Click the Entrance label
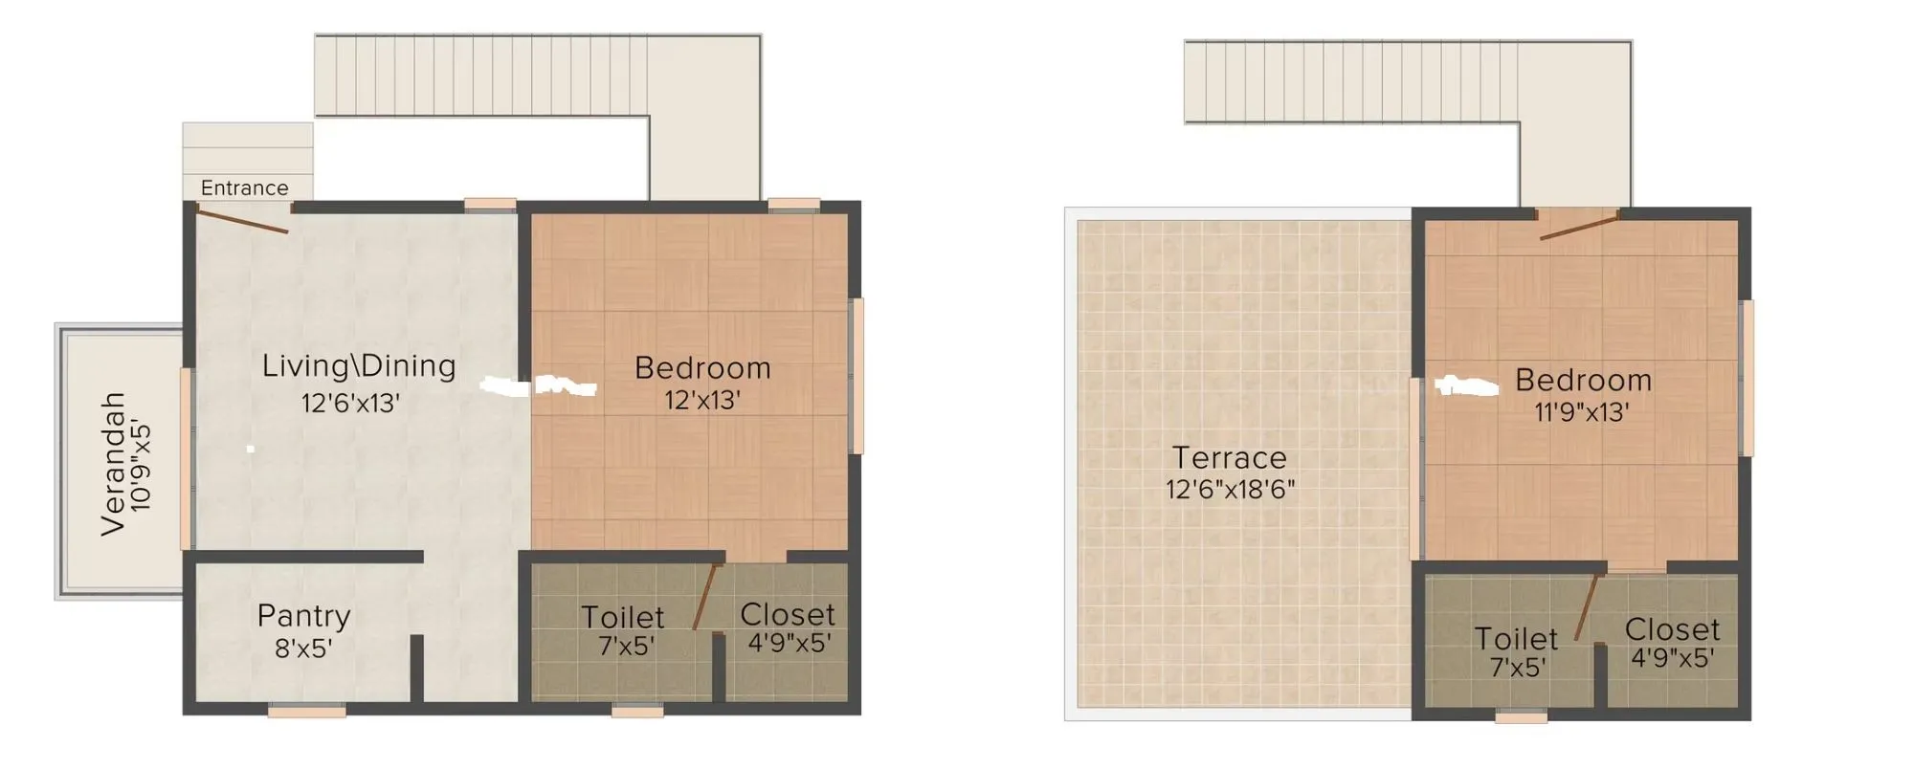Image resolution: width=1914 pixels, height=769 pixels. [244, 188]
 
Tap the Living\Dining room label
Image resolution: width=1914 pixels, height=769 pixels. [359, 365]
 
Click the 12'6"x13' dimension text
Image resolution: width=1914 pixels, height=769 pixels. [350, 404]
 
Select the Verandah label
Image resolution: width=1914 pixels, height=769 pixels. [113, 463]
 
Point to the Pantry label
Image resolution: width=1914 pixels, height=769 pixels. [303, 616]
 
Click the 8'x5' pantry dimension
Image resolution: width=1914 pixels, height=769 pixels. [303, 648]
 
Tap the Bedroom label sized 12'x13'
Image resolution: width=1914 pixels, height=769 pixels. [702, 367]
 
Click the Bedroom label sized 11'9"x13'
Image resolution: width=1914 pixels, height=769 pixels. [1583, 380]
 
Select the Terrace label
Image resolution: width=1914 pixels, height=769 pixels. [1230, 457]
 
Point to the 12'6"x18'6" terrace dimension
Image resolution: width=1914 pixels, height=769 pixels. [1230, 490]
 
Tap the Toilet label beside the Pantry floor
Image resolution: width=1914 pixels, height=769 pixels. [623, 617]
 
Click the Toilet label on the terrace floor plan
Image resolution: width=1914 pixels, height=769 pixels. [1516, 638]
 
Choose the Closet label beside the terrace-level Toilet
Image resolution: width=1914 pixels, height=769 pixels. [1672, 629]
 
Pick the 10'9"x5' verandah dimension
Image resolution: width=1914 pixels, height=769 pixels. [141, 465]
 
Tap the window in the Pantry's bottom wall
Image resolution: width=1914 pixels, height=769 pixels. [306, 711]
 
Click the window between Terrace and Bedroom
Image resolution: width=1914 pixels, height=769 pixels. [1415, 469]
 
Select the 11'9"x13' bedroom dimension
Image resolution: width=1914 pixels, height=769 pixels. [1582, 412]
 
